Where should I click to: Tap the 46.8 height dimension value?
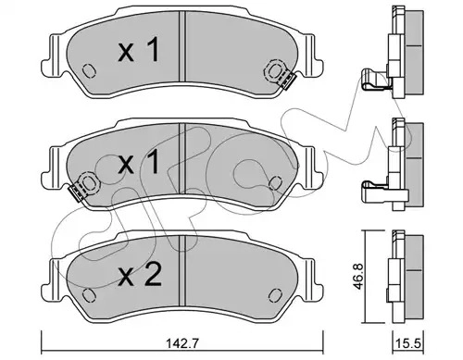point(357,277)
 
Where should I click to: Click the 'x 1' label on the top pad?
point(140,49)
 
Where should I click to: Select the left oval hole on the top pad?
point(89,70)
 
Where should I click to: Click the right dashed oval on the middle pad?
point(275,183)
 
